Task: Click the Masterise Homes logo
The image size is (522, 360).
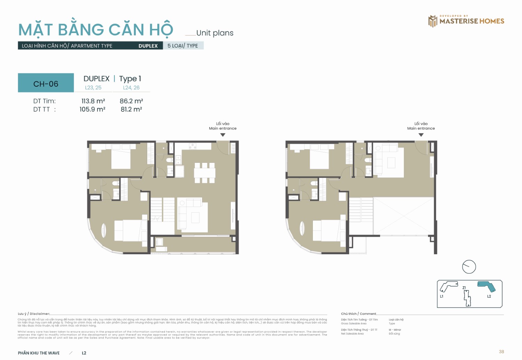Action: [x=466, y=21]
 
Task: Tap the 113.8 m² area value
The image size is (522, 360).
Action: [x=93, y=101]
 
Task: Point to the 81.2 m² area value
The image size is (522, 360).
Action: [x=131, y=109]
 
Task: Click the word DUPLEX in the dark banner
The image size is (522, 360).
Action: [x=148, y=46]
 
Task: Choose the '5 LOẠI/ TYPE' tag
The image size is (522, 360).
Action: [x=183, y=46]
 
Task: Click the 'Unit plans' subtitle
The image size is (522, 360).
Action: [x=214, y=33]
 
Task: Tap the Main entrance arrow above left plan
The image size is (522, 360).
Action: [x=223, y=135]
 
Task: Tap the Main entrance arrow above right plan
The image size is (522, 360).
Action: [x=421, y=135]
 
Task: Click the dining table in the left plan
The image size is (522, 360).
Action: [x=205, y=173]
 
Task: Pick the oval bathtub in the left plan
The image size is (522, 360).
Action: [x=103, y=230]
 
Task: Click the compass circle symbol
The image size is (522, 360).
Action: [x=469, y=267]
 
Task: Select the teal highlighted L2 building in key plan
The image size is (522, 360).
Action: [x=487, y=286]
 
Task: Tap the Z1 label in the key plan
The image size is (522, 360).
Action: [x=464, y=288]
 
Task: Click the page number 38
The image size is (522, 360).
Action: [x=501, y=352]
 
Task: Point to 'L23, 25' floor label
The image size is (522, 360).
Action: [x=93, y=88]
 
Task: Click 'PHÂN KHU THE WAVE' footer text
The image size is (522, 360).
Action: [x=39, y=353]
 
